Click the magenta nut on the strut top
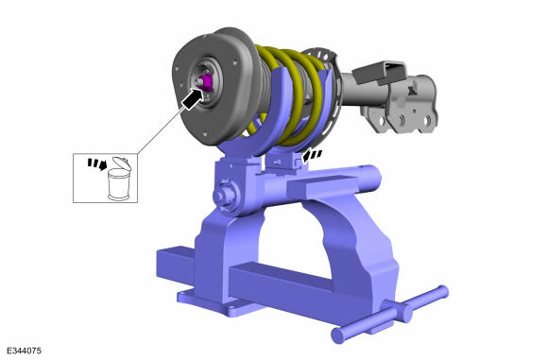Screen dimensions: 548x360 coord(206,82)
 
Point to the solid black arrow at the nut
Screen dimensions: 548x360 coord(193,98)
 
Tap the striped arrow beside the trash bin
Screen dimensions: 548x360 coord(96,163)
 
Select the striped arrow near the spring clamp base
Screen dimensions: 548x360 coord(312,156)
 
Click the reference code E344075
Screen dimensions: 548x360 coord(24,351)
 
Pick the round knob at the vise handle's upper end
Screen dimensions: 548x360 coord(442,292)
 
